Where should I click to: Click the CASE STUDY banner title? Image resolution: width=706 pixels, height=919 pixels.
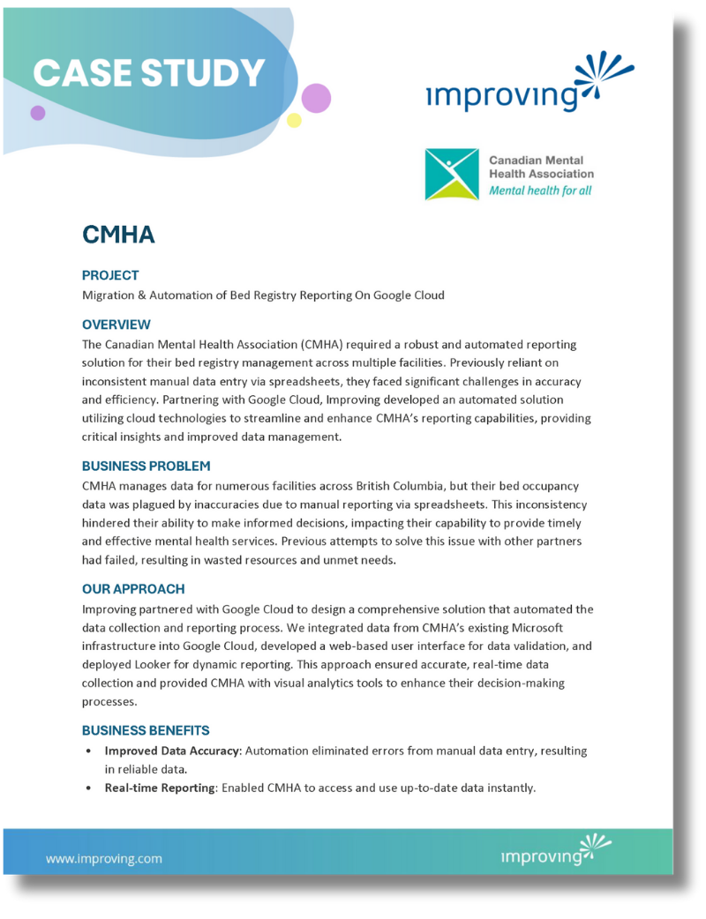149,73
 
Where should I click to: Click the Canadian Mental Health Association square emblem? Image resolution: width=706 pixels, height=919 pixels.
452,175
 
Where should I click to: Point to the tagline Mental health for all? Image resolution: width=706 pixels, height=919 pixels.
540,191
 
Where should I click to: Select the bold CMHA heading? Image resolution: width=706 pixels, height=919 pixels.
118,235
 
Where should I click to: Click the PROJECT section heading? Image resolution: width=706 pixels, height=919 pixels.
110,275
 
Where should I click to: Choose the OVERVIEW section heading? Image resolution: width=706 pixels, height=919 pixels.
116,325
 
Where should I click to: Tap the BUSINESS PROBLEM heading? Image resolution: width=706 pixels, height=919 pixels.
146,466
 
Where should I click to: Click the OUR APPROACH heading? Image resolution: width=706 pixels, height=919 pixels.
133,589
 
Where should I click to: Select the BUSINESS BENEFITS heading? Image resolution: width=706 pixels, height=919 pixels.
146,730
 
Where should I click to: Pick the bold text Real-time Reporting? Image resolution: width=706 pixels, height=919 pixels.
160,788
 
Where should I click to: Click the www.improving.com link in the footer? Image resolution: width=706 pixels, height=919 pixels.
104,858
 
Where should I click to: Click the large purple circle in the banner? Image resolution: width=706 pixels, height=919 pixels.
316,97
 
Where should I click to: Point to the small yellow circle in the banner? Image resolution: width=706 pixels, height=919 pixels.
295,120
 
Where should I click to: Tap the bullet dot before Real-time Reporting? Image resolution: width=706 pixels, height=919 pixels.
88,788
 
